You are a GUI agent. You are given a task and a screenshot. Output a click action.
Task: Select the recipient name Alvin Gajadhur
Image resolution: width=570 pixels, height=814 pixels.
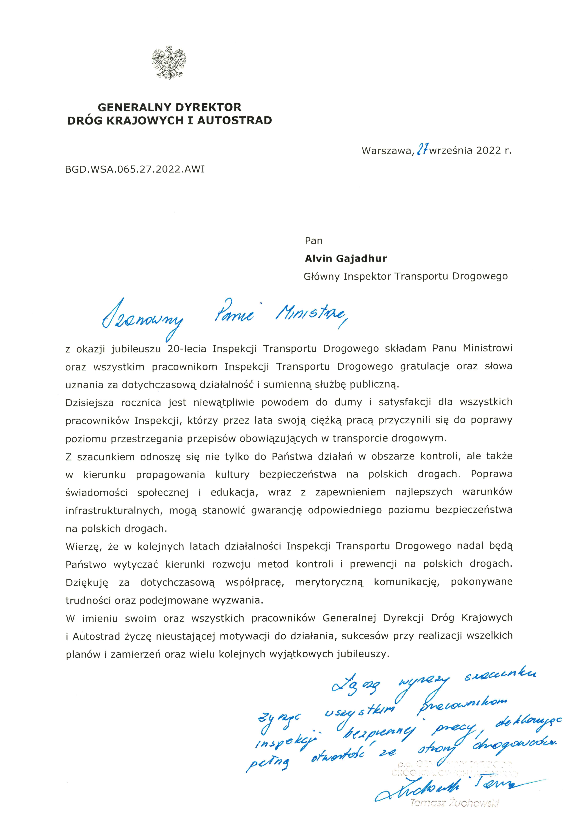(345, 258)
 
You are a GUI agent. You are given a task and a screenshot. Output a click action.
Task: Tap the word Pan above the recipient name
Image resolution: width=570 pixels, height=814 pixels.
(313, 241)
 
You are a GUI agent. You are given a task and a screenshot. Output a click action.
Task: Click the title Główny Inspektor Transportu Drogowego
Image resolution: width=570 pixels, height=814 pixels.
(405, 276)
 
